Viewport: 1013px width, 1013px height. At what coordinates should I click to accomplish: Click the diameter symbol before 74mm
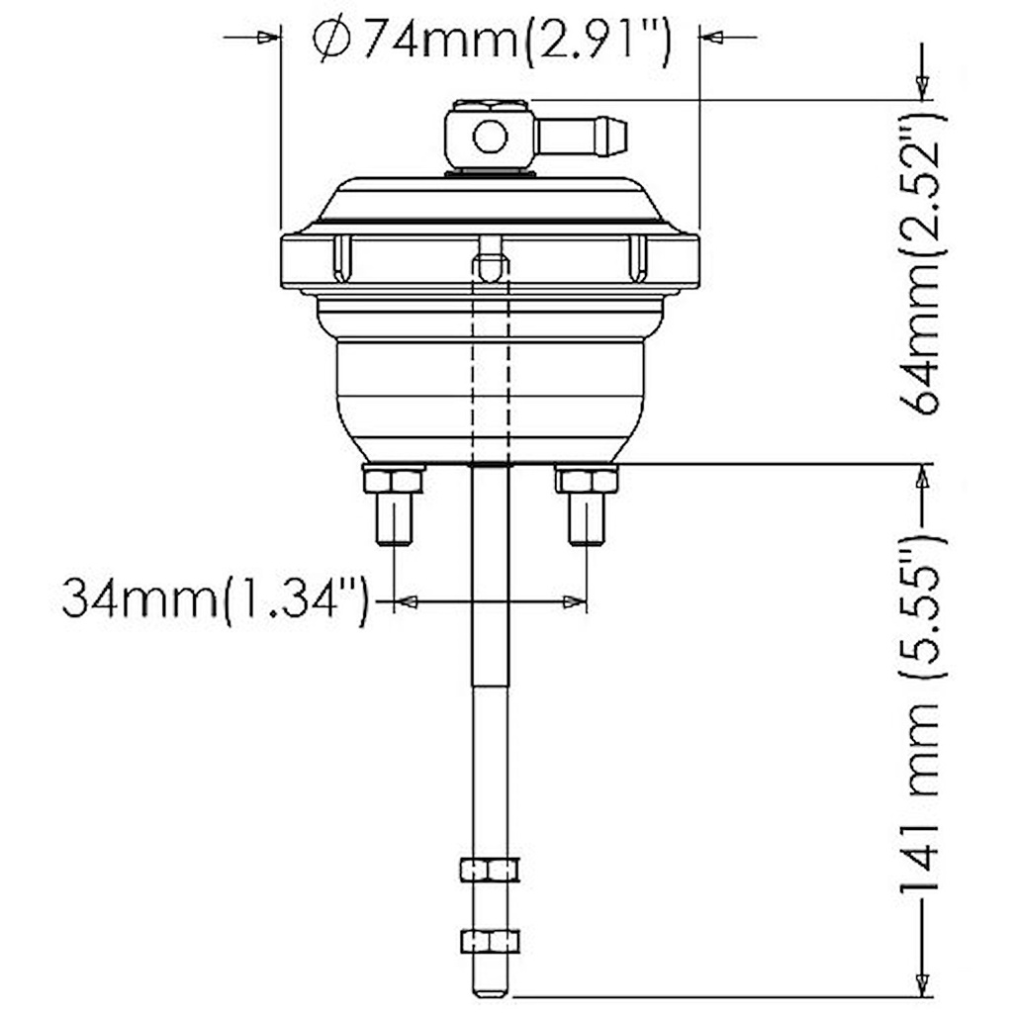click(331, 42)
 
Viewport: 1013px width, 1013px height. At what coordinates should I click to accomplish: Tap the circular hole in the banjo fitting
click(490, 137)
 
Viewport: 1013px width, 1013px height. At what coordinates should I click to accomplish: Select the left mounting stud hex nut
click(394, 481)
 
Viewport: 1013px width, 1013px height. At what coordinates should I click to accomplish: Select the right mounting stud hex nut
click(587, 481)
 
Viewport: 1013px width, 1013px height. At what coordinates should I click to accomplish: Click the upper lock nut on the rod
click(490, 869)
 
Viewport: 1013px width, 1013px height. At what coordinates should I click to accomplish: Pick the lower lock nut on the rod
click(490, 940)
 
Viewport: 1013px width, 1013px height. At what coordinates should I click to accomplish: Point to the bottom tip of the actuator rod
click(490, 991)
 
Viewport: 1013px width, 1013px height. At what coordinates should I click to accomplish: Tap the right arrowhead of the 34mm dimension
click(574, 600)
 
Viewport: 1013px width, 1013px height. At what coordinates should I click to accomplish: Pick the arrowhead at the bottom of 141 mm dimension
click(922, 983)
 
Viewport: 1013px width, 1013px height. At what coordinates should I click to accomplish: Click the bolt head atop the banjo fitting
click(490, 105)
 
